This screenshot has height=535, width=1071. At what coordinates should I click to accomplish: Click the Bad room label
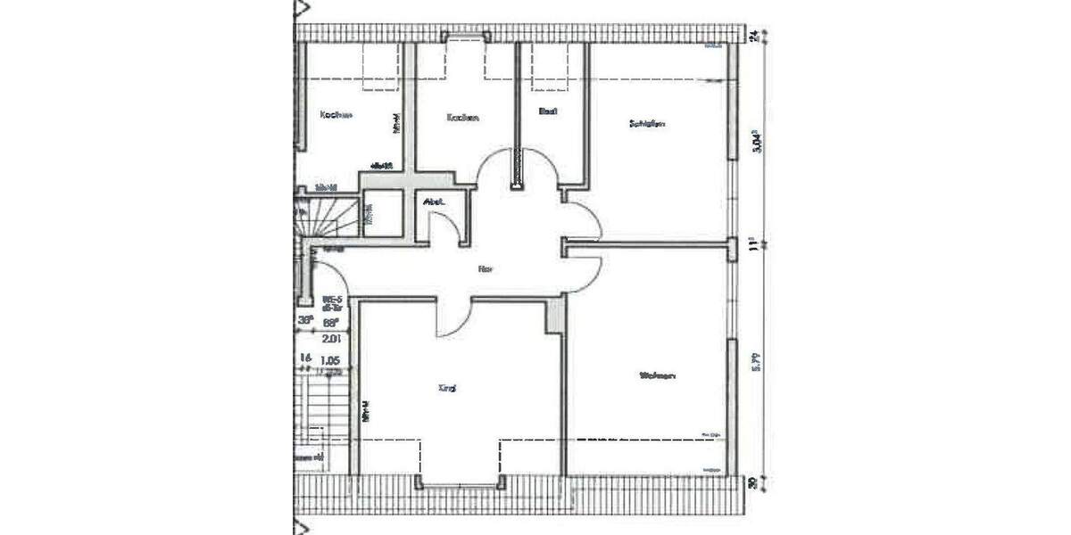coord(548,111)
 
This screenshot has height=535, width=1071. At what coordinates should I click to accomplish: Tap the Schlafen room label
coord(647,124)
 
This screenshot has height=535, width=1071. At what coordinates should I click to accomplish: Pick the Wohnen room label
coord(657,375)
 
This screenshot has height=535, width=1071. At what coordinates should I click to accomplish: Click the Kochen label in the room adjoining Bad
coord(464,117)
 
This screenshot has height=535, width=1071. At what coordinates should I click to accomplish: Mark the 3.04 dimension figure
coord(755,143)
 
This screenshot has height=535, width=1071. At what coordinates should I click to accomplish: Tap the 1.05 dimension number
coord(329,361)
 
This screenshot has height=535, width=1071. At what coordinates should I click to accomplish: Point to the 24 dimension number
coord(754,36)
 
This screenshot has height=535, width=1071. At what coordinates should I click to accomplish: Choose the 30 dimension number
coord(754,483)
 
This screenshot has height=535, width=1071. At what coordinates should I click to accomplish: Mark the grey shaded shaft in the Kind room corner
coord(555,313)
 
